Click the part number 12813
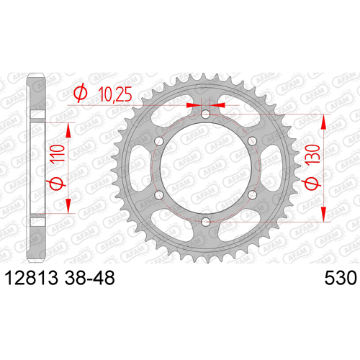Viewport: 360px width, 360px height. tap(31, 278)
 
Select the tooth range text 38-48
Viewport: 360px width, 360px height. tap(90, 278)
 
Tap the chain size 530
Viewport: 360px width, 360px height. tap(341, 278)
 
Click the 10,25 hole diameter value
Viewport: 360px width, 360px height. tap(115, 94)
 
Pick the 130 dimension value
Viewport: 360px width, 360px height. tap(313, 154)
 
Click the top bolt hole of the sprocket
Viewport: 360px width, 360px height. tap(205, 114)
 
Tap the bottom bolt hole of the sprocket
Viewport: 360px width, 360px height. tap(205, 222)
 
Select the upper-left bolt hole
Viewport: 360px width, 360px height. tap(159, 141)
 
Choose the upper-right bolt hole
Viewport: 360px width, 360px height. tap(252, 141)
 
